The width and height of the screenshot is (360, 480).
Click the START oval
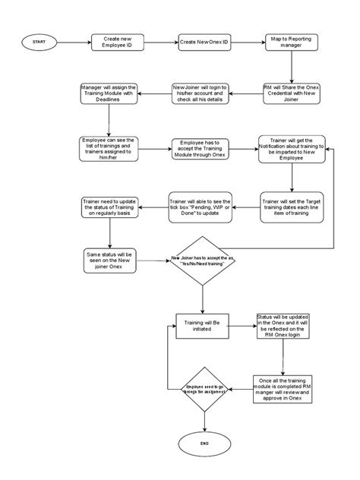point(39,42)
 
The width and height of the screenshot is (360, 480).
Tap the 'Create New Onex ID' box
point(204,42)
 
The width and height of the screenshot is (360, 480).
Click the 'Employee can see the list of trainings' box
point(111,148)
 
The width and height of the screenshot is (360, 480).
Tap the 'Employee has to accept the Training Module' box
point(201,149)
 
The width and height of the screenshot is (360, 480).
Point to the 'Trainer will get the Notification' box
point(291,150)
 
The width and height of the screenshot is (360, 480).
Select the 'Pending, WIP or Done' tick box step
point(201,206)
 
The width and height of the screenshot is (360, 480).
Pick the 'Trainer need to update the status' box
point(111,206)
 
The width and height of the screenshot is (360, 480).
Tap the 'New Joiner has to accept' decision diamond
point(203,260)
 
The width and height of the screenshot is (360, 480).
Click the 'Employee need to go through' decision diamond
point(204,388)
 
